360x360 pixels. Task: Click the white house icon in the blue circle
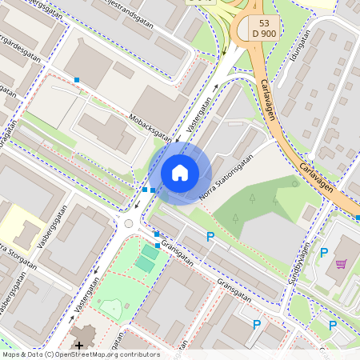click(180, 172)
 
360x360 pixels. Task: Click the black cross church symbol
click(78, 345)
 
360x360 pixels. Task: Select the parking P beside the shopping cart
click(324, 253)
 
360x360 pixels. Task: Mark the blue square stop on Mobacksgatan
click(77, 79)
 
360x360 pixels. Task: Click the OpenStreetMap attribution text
click(81, 354)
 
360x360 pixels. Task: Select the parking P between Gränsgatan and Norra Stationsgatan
click(210, 236)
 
